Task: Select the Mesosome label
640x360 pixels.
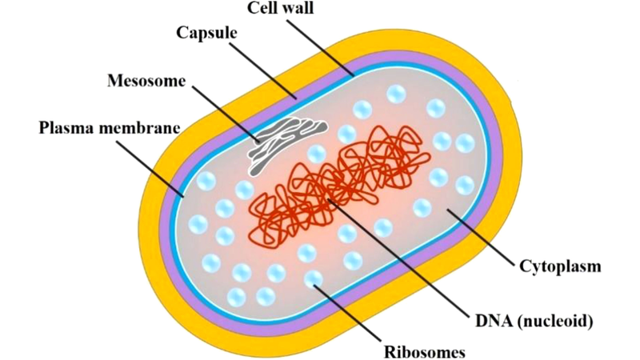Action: coord(146,81)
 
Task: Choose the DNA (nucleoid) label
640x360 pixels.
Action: coord(531,322)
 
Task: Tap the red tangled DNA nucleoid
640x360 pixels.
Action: coord(336,184)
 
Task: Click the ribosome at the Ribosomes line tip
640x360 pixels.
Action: coord(314,279)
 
